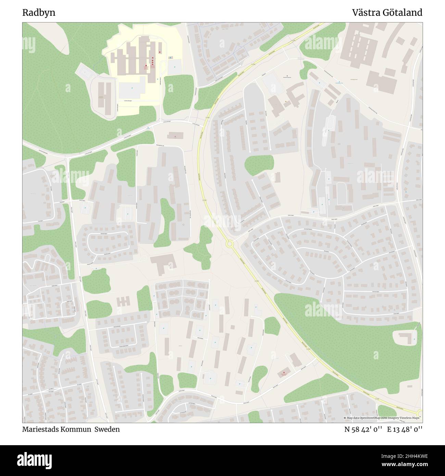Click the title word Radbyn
39,13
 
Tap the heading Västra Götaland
387,13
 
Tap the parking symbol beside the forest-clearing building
415,339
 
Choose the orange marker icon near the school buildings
285,101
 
